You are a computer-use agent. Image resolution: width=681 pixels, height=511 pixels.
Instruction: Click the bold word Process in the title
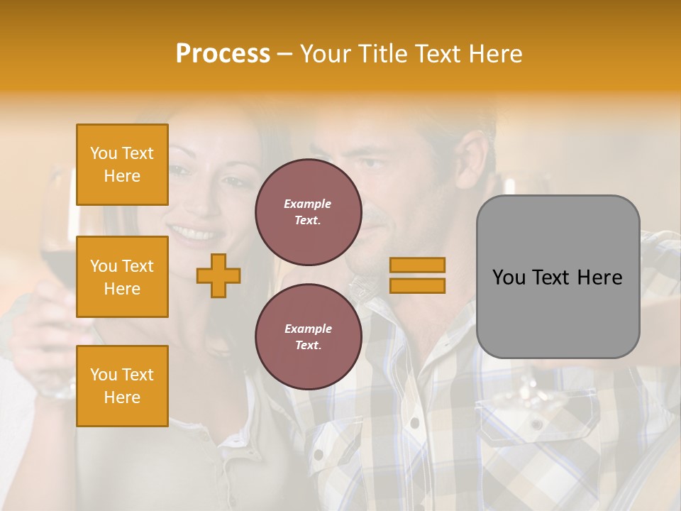[x=223, y=54]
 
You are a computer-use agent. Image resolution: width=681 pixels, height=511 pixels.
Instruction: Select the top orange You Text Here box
[x=122, y=165]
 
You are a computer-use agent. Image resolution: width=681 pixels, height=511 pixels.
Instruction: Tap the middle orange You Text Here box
[x=122, y=277]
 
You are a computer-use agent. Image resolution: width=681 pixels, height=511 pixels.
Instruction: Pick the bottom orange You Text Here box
[x=122, y=385]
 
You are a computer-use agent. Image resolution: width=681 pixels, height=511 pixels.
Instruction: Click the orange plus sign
[x=218, y=275]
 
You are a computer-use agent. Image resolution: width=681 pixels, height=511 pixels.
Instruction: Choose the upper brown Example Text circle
[x=308, y=211]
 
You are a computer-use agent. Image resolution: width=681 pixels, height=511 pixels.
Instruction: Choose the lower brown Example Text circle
[x=308, y=336]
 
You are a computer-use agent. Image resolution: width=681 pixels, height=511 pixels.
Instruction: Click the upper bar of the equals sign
[x=417, y=265]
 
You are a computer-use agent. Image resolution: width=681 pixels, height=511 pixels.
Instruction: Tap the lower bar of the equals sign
[x=417, y=285]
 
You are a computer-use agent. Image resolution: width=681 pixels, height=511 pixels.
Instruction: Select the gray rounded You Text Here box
[x=558, y=277]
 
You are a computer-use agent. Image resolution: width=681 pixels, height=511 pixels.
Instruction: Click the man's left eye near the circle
[x=371, y=163]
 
